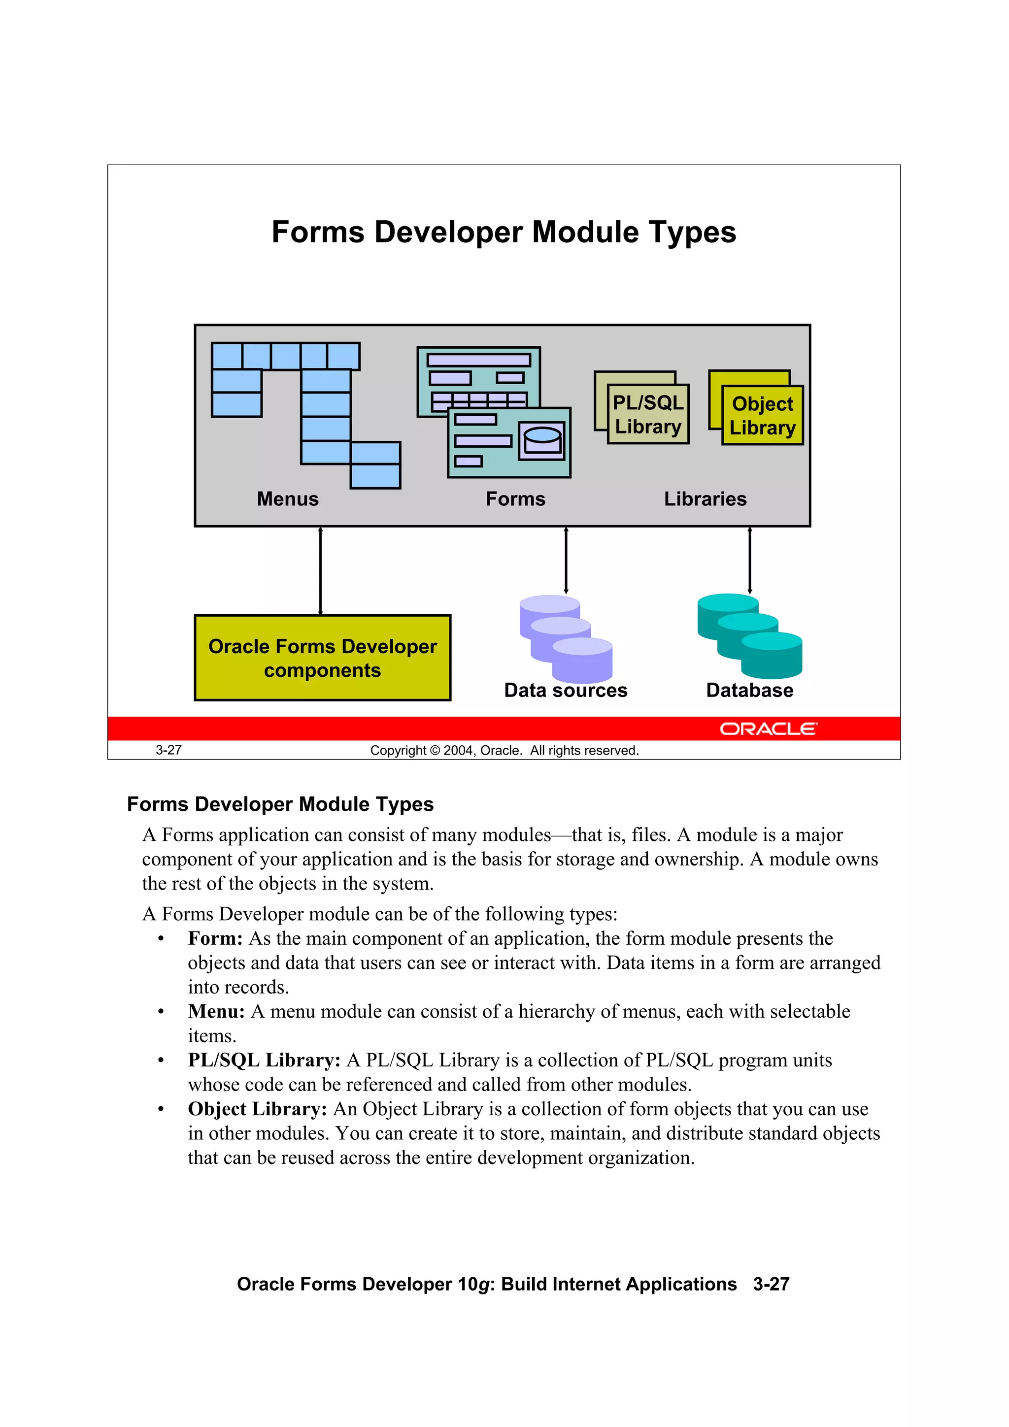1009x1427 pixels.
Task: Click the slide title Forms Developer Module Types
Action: [x=504, y=232]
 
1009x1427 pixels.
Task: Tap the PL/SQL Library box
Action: [x=648, y=415]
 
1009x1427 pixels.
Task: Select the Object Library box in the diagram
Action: [x=762, y=415]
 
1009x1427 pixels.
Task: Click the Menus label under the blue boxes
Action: [x=288, y=499]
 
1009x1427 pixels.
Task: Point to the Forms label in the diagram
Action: [x=515, y=499]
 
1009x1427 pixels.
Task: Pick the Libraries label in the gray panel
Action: [x=705, y=499]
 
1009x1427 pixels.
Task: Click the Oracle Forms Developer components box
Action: [x=323, y=658]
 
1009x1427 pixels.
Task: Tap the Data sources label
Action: [x=566, y=691]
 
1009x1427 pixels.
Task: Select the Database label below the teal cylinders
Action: [x=750, y=691]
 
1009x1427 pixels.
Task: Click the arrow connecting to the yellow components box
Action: [x=320, y=570]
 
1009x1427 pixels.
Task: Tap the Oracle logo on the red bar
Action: [x=769, y=729]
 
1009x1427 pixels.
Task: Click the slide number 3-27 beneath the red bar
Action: [x=168, y=750]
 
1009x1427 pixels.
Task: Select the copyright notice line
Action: [x=504, y=751]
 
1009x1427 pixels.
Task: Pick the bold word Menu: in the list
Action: [x=216, y=1012]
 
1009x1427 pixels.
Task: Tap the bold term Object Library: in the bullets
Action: [x=257, y=1109]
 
